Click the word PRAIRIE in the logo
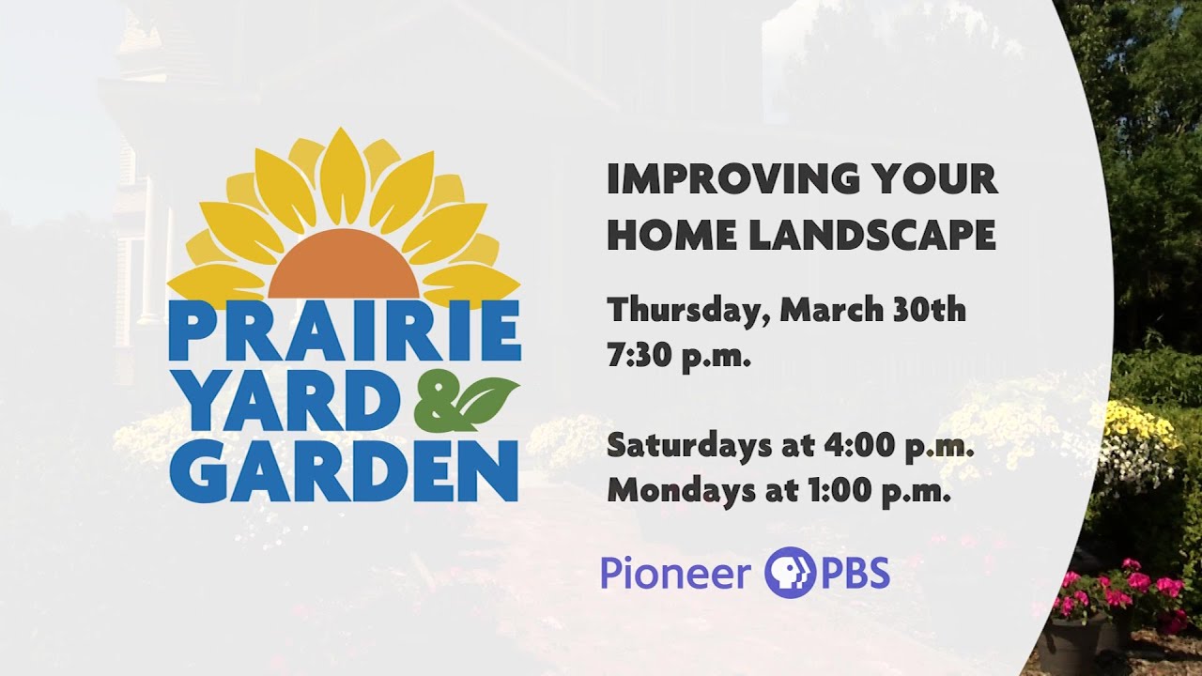[x=345, y=330]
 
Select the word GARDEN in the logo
[x=344, y=471]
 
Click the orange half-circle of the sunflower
[x=344, y=265]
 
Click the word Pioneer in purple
[x=675, y=574]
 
